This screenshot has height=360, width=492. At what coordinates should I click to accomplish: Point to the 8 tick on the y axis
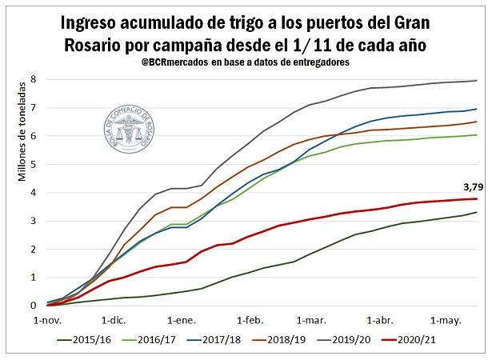34,79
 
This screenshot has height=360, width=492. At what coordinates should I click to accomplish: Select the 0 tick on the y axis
34,306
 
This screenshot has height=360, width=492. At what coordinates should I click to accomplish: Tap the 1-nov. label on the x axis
48,319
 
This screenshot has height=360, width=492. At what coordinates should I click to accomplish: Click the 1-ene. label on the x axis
182,319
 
